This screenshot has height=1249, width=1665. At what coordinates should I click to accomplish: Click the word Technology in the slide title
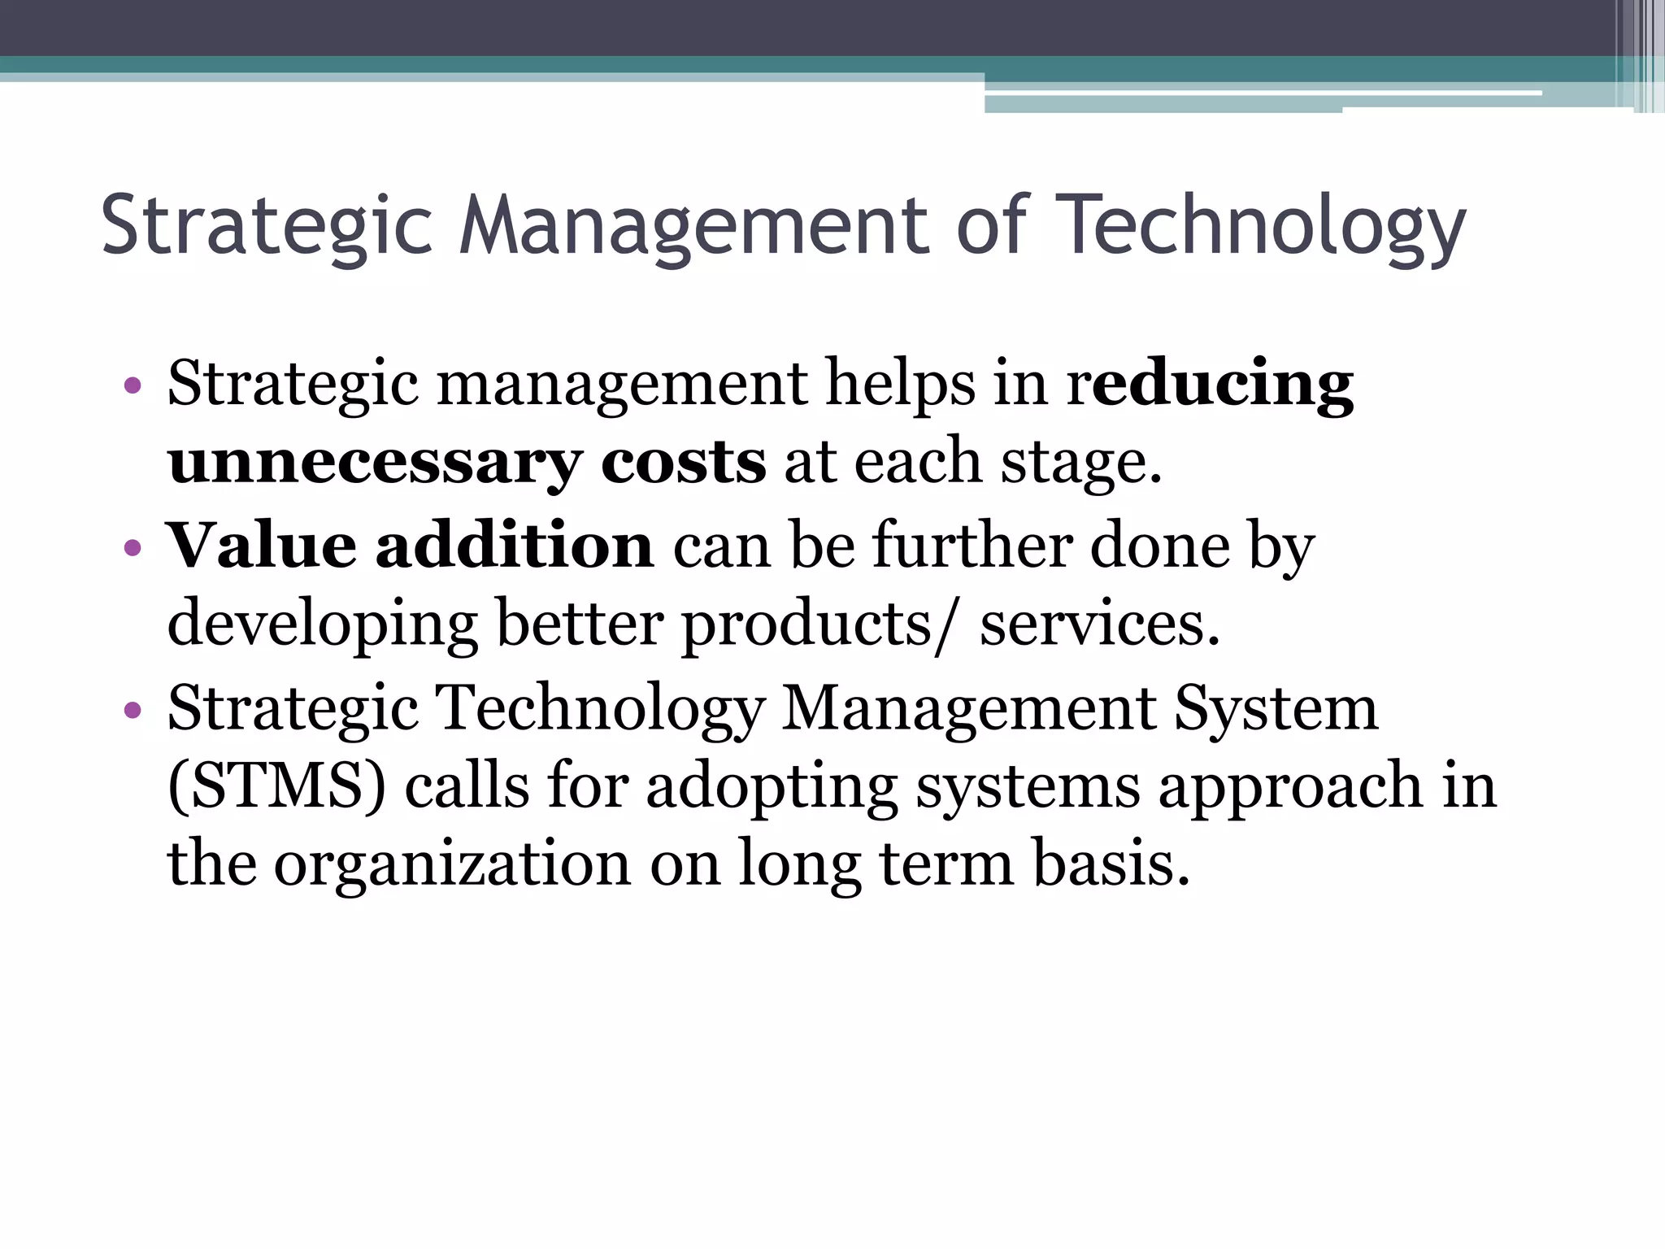coord(1263,226)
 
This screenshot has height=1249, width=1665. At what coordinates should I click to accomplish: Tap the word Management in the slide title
coord(693,226)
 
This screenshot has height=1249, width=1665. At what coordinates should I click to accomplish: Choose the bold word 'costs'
coord(683,462)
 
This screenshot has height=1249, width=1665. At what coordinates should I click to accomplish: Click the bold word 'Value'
coord(261,545)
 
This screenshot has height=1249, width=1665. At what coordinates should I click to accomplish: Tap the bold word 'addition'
coord(514,545)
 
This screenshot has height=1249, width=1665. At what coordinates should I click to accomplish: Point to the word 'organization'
coord(452,864)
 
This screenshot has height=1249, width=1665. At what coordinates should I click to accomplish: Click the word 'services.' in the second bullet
coord(1099,624)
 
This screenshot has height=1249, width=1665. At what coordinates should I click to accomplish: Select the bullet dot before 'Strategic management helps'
coord(133,385)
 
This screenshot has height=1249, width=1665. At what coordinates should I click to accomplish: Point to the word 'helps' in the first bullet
coord(900,384)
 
